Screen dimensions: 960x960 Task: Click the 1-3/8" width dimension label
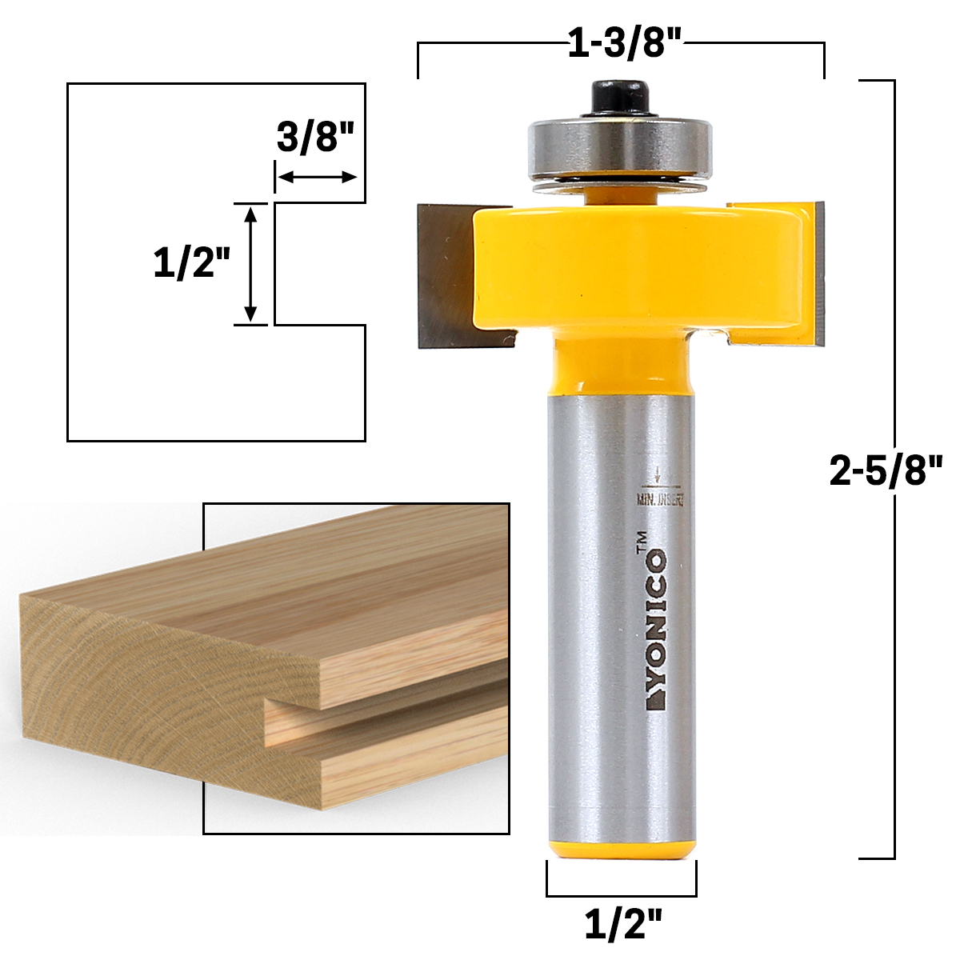coord(624,45)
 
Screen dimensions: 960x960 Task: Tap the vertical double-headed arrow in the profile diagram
coord(250,265)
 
